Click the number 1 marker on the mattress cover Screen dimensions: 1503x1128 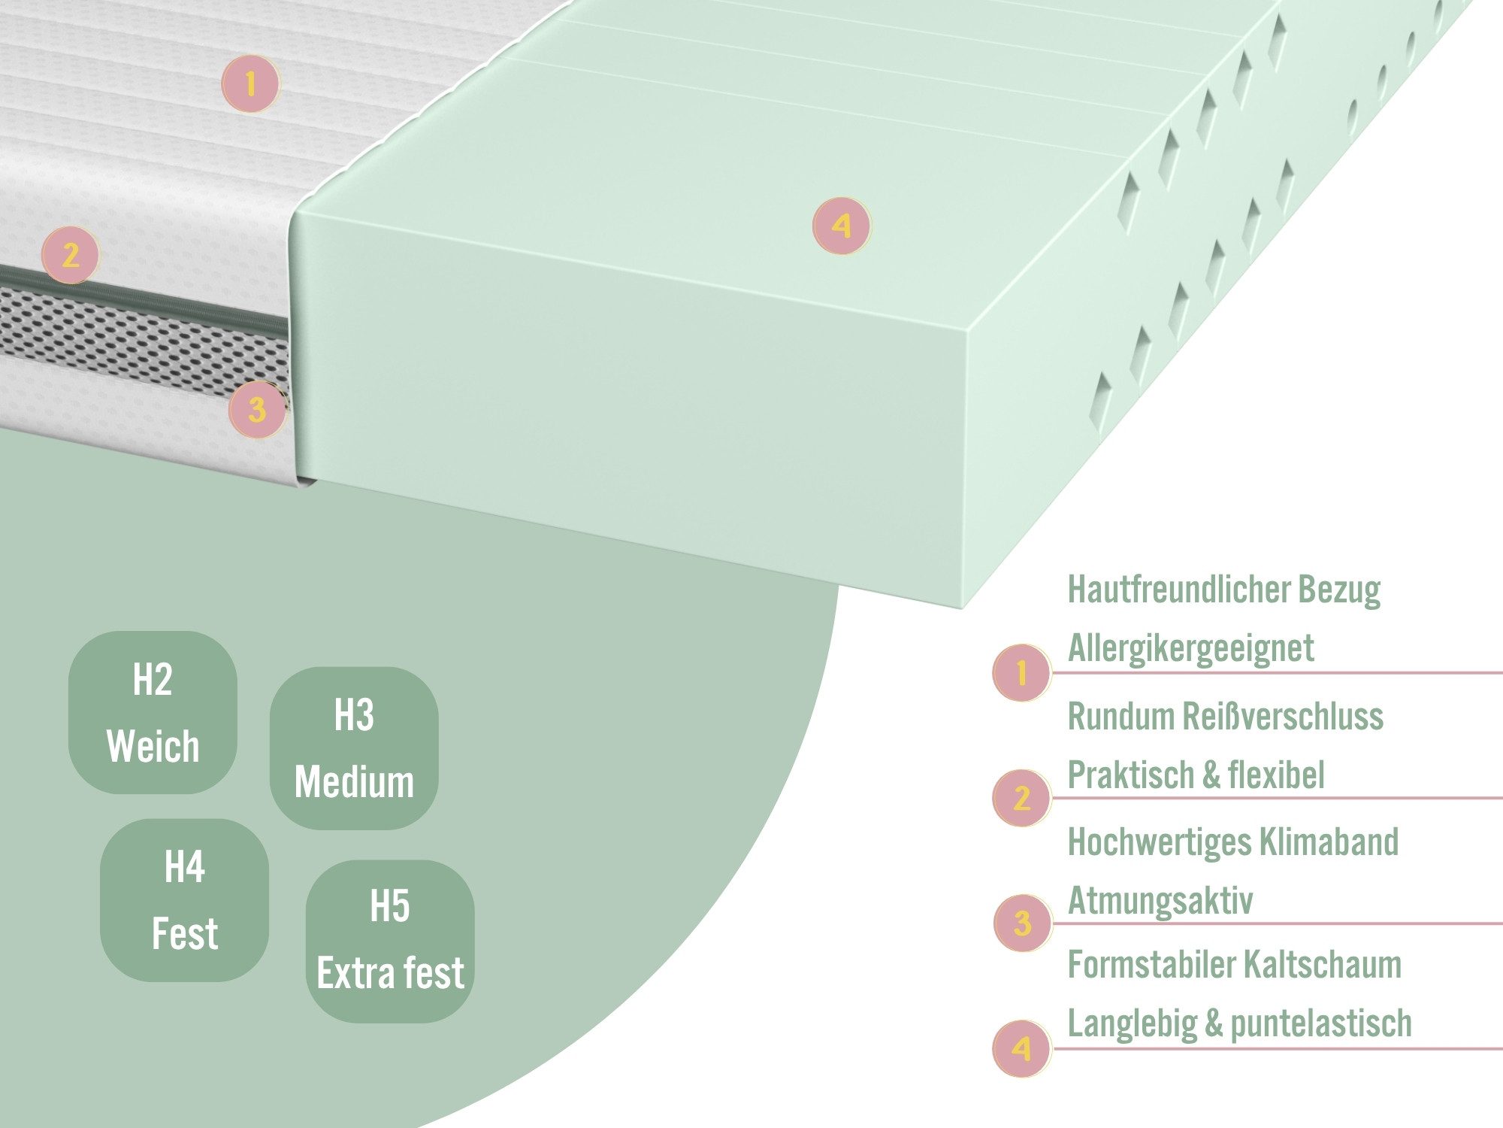[250, 83]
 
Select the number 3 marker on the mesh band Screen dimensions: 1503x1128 [258, 410]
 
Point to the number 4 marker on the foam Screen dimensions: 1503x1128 [842, 226]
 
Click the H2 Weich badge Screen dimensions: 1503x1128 [153, 712]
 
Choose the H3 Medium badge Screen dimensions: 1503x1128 [354, 748]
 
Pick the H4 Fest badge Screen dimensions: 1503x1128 [185, 900]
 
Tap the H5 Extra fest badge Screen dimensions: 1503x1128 [390, 941]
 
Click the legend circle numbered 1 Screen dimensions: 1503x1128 [1021, 673]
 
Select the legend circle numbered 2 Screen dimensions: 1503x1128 [1021, 798]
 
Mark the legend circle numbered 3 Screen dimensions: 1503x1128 [1022, 923]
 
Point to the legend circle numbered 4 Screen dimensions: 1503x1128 [1021, 1048]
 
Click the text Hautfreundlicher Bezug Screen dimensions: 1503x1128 [1224, 590]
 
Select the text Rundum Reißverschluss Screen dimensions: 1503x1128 [1226, 716]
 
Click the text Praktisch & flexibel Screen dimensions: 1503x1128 [1196, 775]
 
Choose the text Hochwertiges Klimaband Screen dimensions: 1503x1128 [1233, 841]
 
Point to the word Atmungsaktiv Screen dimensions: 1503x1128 [1160, 901]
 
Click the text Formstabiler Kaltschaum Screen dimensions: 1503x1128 [1235, 965]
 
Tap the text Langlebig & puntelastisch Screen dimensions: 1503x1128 [1240, 1024]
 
